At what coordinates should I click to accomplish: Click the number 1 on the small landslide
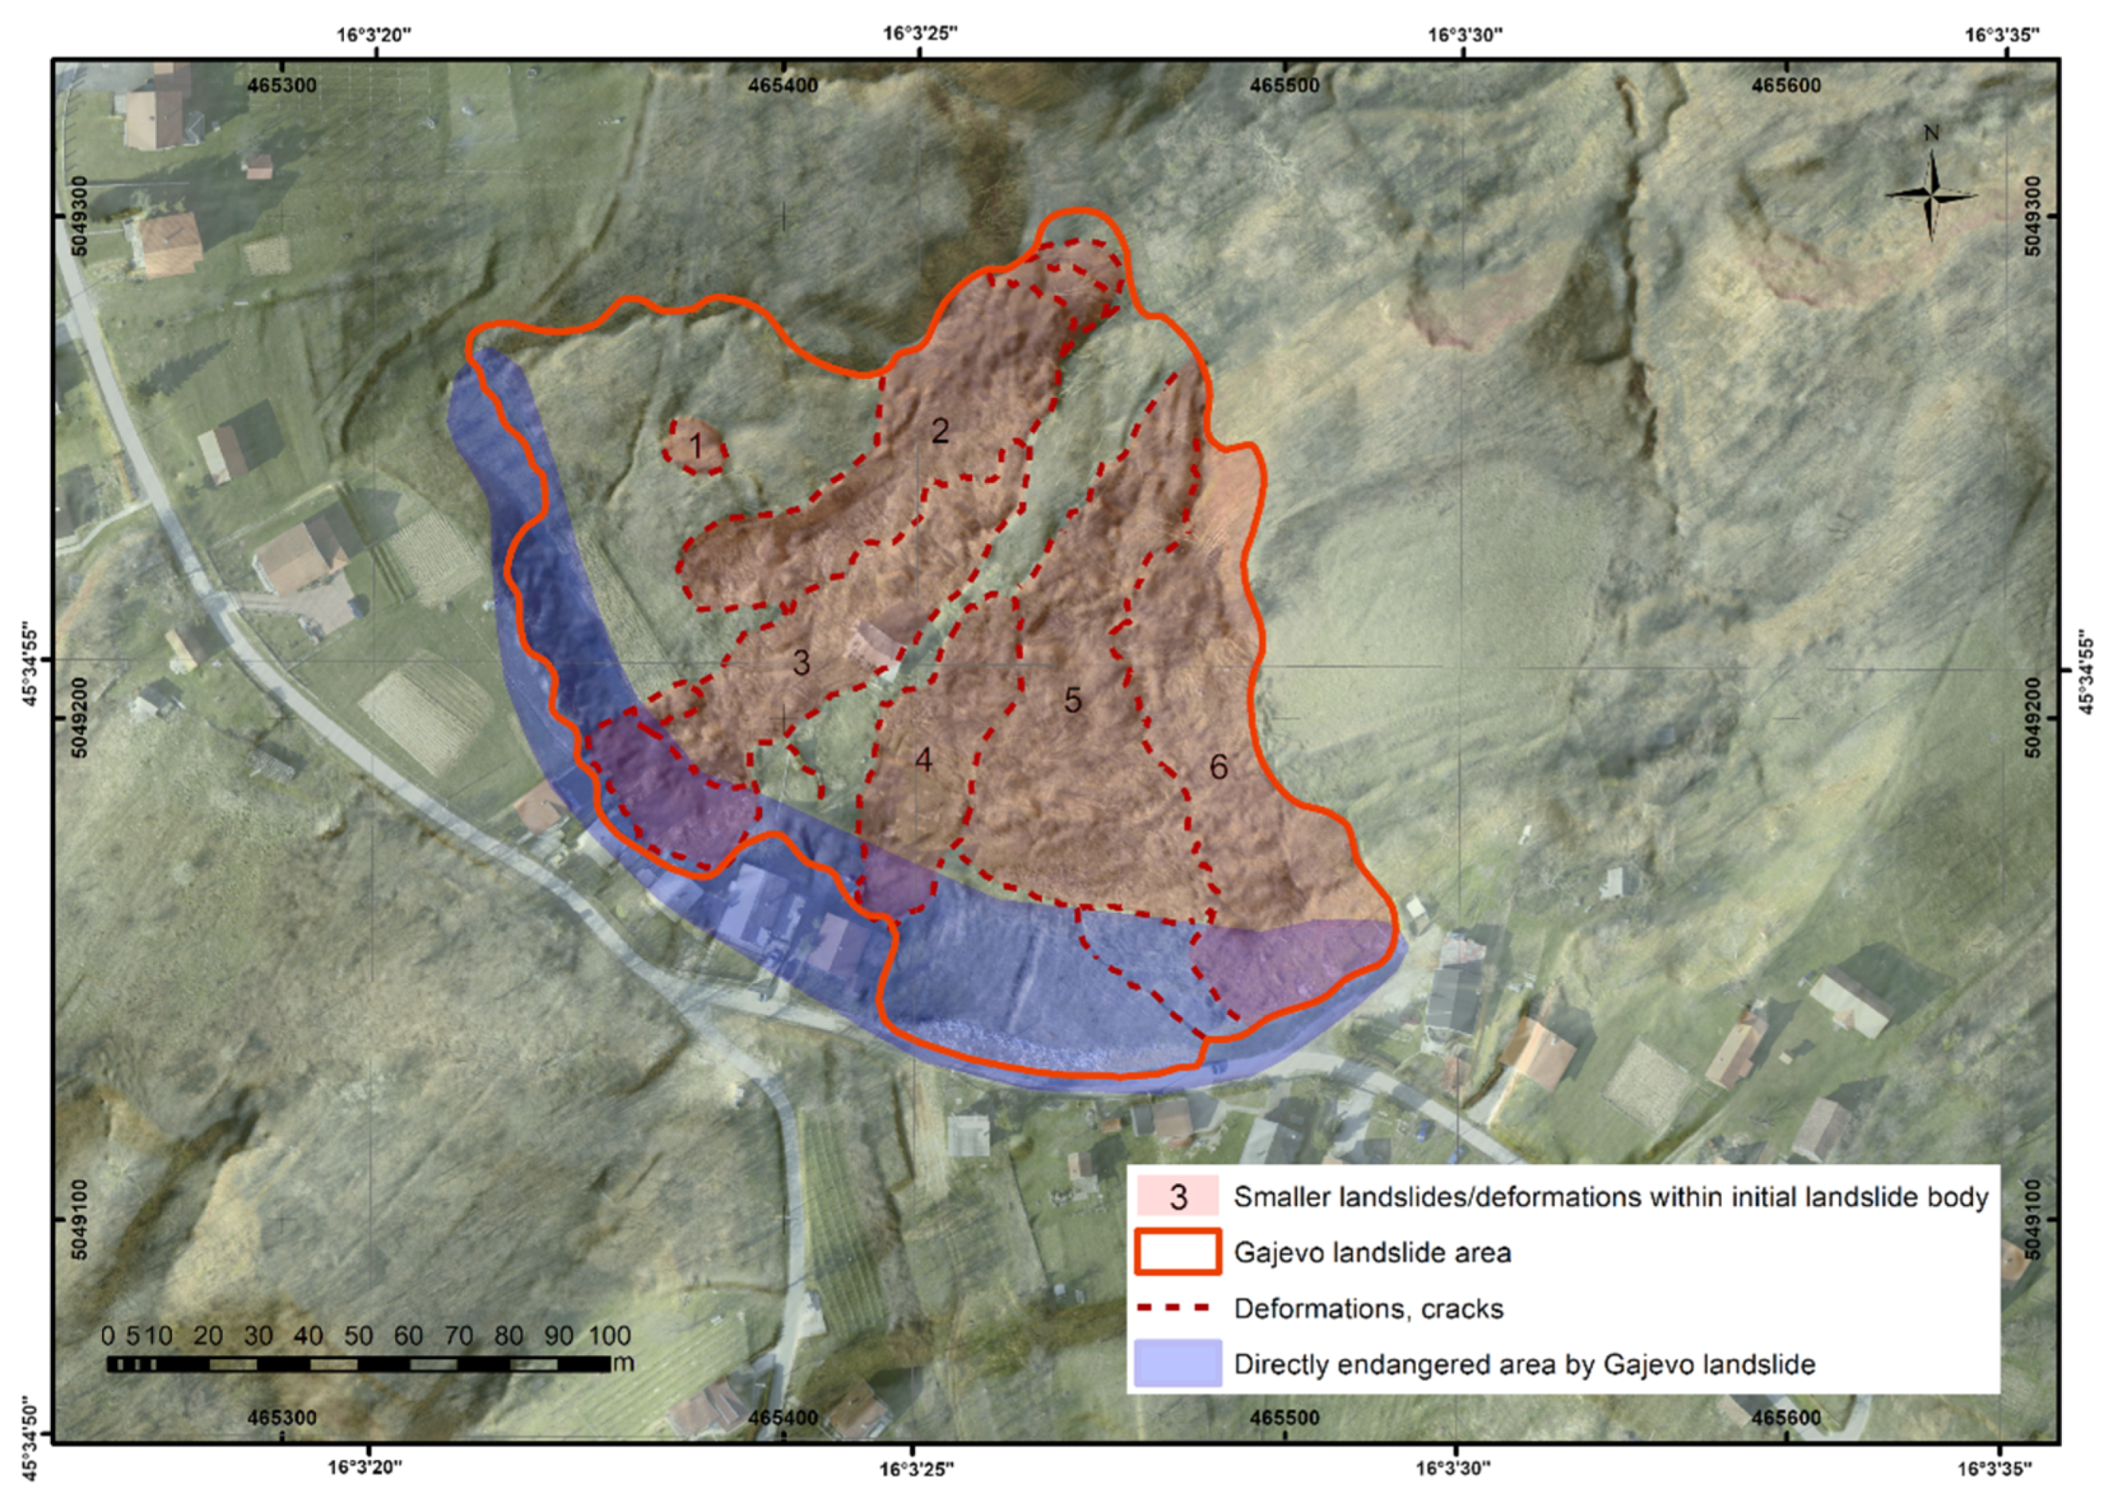(696, 447)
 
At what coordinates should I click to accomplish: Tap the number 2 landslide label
(939, 431)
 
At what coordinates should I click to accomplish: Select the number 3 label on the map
(801, 662)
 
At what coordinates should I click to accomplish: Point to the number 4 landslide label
(924, 760)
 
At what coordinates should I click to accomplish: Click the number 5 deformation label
(1072, 701)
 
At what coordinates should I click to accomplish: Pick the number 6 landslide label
(1218, 767)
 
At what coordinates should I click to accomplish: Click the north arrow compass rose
(1931, 193)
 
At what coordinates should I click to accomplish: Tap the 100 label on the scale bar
(610, 1336)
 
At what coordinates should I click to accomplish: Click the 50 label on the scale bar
(358, 1336)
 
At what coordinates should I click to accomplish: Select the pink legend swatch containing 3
(1178, 1196)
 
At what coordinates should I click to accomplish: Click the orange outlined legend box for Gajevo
(1178, 1253)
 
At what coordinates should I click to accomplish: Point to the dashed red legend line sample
(1178, 1308)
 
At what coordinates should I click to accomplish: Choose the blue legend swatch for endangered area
(1178, 1364)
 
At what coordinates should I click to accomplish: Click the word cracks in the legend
(1463, 1309)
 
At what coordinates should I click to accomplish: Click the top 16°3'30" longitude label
(1466, 35)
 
